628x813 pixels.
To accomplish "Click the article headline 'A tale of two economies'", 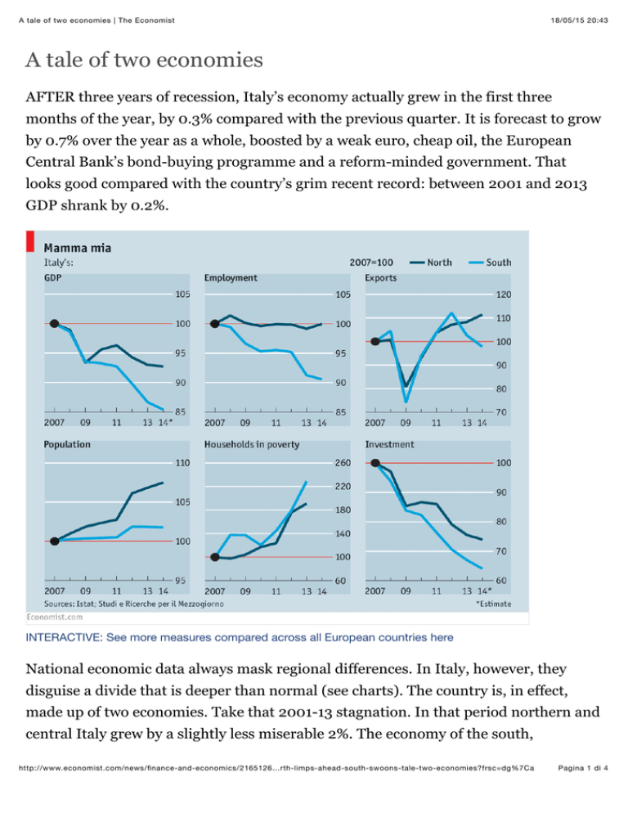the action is pyautogui.click(x=144, y=60).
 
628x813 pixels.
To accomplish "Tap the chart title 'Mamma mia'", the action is pyautogui.click(x=77, y=248).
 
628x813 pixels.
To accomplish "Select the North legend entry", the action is pyautogui.click(x=430, y=263).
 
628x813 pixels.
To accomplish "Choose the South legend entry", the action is pyautogui.click(x=490, y=263).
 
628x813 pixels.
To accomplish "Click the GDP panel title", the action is pyautogui.click(x=52, y=278).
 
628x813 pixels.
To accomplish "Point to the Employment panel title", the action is pyautogui.click(x=231, y=278).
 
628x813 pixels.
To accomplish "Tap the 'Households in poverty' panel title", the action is pyautogui.click(x=252, y=444).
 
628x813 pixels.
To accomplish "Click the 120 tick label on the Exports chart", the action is pyautogui.click(x=504, y=294).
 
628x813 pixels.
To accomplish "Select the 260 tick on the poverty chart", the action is pyautogui.click(x=343, y=462).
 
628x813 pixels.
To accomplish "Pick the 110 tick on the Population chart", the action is pyautogui.click(x=182, y=462).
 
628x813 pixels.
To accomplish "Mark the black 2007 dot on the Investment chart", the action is pyautogui.click(x=375, y=462).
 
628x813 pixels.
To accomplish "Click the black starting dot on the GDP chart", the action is pyautogui.click(x=54, y=324).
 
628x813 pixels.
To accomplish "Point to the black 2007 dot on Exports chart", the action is pyautogui.click(x=375, y=341).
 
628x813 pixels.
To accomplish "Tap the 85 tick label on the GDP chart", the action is pyautogui.click(x=180, y=411).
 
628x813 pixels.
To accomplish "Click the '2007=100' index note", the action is pyautogui.click(x=371, y=263).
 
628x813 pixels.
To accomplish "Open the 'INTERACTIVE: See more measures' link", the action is pyautogui.click(x=240, y=637).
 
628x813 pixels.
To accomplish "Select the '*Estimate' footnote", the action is pyautogui.click(x=494, y=604).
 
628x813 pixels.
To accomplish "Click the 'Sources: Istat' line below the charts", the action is pyautogui.click(x=134, y=604).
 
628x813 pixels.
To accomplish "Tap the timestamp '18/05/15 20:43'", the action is pyautogui.click(x=579, y=20).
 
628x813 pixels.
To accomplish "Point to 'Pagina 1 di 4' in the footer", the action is pyautogui.click(x=583, y=768).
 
